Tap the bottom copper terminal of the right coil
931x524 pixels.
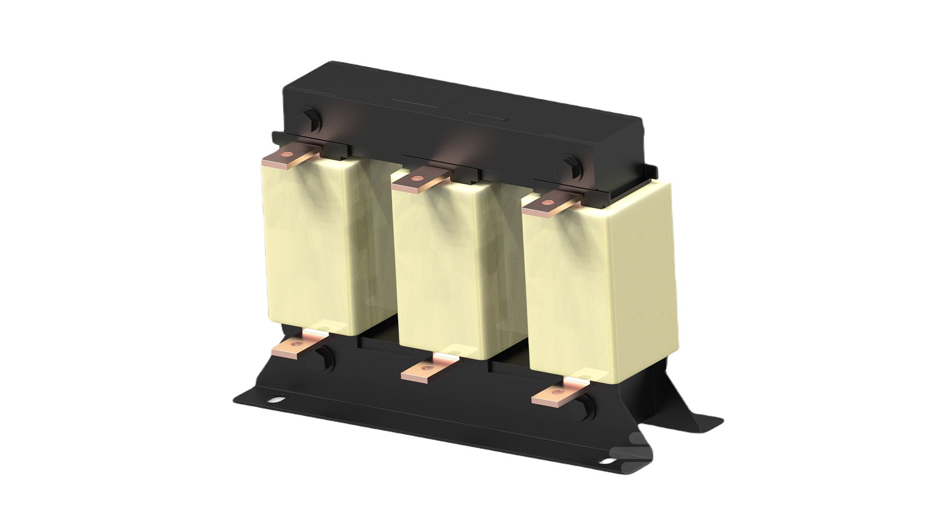[x=558, y=393]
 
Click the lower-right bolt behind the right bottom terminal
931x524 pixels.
[x=585, y=406]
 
